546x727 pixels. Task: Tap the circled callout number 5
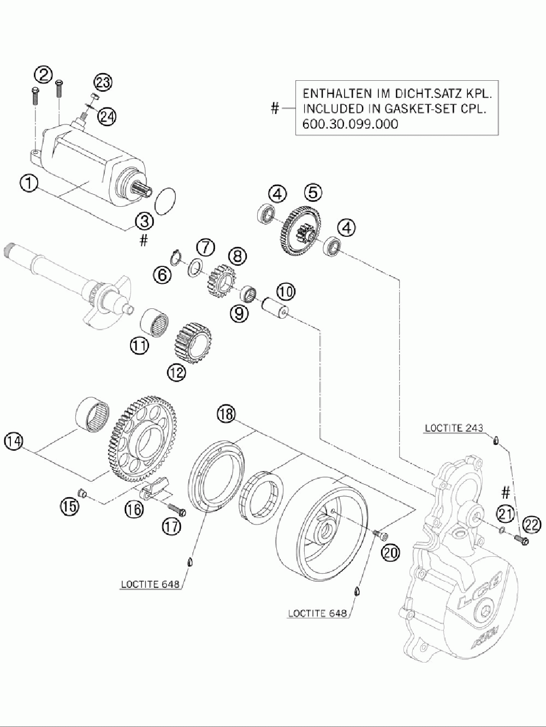[313, 192]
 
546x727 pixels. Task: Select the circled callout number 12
[176, 372]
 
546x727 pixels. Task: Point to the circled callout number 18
[226, 414]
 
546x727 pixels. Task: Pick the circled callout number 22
[531, 525]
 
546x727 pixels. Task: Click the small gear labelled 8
[221, 282]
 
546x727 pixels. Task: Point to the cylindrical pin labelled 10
[277, 310]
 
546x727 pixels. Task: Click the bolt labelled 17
[176, 510]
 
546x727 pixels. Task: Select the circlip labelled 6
[175, 256]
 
